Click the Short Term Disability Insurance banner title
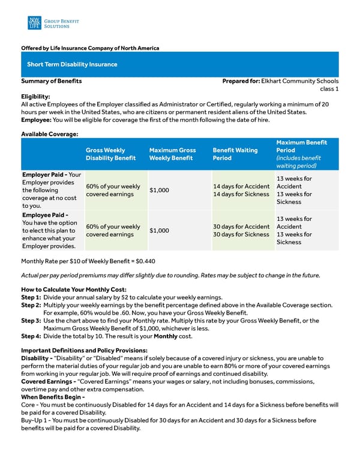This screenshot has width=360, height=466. pyautogui.click(x=72, y=64)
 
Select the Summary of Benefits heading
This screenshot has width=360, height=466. pyautogui.click(x=52, y=81)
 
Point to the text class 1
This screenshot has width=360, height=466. pyautogui.click(x=329, y=89)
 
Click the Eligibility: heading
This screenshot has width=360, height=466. pyautogui.click(x=35, y=96)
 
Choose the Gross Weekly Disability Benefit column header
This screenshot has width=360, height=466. pyautogui.click(x=106, y=154)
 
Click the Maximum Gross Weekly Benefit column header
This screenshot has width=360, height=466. pyautogui.click(x=172, y=154)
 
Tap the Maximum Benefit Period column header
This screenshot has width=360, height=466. pyautogui.click(x=301, y=154)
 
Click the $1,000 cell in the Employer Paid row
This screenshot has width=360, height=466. pyautogui.click(x=159, y=190)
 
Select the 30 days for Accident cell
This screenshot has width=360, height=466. pyautogui.click(x=241, y=227)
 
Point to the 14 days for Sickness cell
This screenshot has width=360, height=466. pyautogui.click(x=241, y=195)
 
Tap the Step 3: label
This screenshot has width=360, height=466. pyautogui.click(x=31, y=321)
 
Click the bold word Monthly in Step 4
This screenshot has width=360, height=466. pyautogui.click(x=166, y=336)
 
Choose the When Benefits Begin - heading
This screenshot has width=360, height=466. pyautogui.click(x=53, y=397)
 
